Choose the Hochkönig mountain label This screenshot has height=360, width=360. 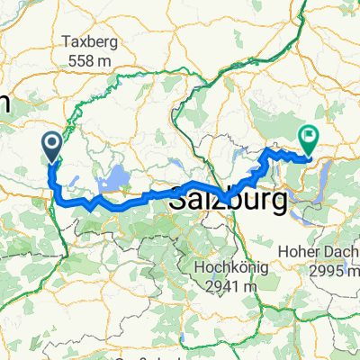coord(224,266)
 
